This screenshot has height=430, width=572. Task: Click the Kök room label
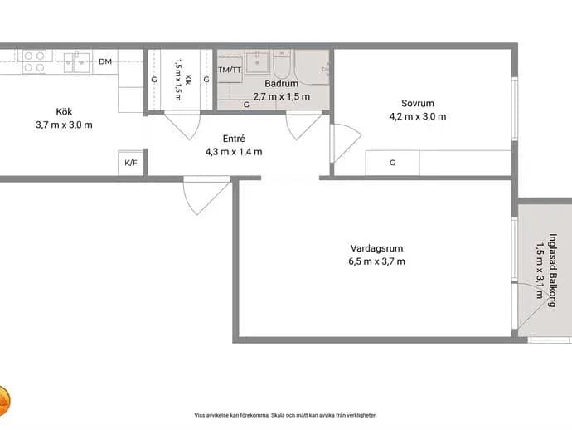tap(64, 111)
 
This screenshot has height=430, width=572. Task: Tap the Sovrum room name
tap(418, 104)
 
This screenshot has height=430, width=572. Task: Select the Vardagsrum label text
tap(377, 248)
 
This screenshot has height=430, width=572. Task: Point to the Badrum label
tap(282, 83)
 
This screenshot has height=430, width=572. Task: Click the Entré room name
tap(234, 139)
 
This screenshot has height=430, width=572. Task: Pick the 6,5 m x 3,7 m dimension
tap(377, 261)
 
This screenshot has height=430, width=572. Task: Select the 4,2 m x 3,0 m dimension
tap(418, 116)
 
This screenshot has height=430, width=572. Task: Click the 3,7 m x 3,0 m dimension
tap(64, 125)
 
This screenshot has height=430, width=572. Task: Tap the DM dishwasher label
tap(105, 61)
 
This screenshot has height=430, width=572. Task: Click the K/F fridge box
tap(131, 163)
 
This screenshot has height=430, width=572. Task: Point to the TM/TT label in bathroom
tap(230, 70)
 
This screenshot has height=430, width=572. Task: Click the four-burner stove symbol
tap(34, 61)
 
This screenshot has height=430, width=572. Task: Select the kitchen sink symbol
tap(77, 62)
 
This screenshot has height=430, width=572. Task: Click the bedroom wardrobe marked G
tap(392, 163)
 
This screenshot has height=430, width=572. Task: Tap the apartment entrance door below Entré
tap(207, 195)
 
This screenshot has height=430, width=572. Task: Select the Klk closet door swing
tap(182, 125)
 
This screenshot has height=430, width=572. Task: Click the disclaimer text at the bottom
tap(286, 415)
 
